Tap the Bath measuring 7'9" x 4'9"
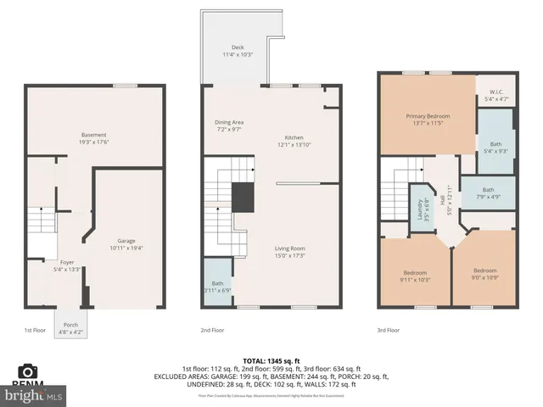(x=488, y=193)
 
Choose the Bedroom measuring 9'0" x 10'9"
(x=484, y=275)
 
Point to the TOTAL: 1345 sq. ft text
(x=271, y=360)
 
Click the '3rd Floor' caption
(x=387, y=330)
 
